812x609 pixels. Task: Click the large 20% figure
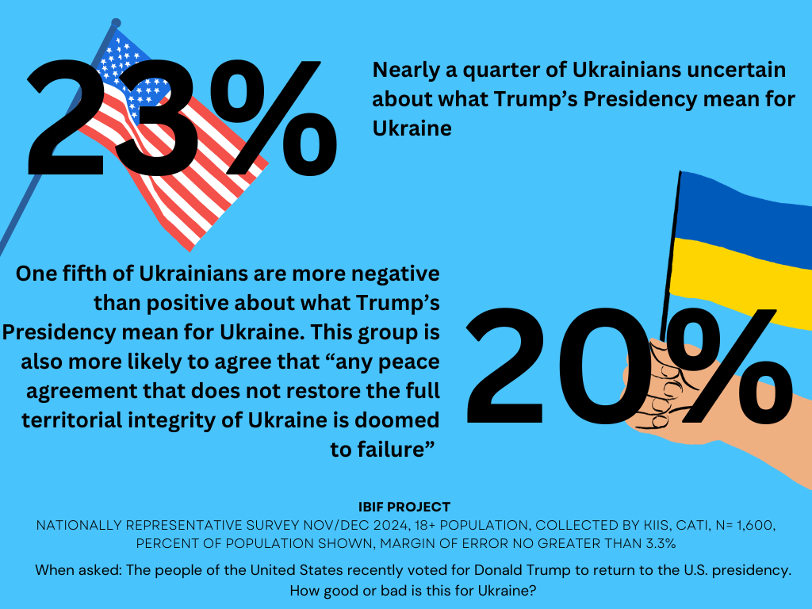619,366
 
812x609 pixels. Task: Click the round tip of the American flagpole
117,23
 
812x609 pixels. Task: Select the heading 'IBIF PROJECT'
405,507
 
